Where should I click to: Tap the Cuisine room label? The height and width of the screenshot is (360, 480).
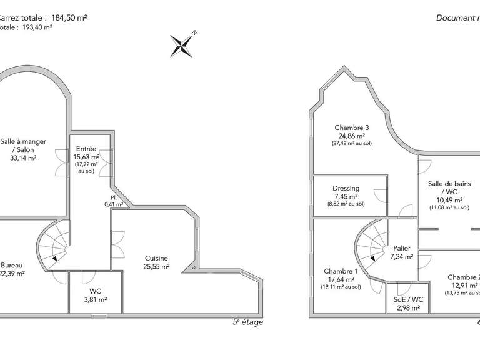pos(156,258)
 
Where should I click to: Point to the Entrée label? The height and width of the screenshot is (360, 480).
pos(85,149)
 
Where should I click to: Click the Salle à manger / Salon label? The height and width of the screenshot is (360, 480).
pos(23,145)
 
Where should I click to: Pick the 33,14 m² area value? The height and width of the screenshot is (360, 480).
pos(23,158)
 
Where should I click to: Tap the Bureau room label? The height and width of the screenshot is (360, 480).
pos(12,265)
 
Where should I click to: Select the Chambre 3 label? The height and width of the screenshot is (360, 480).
pos(352,127)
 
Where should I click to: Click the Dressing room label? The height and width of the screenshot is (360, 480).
pos(346,188)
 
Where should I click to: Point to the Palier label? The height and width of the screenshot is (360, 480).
pos(402,247)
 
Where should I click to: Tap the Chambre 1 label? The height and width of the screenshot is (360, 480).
pos(341,271)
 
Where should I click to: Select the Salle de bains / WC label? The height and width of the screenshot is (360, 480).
pos(449,187)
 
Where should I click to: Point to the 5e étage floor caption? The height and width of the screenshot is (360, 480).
pos(247,322)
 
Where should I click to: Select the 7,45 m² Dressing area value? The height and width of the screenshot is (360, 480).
pos(347,196)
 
